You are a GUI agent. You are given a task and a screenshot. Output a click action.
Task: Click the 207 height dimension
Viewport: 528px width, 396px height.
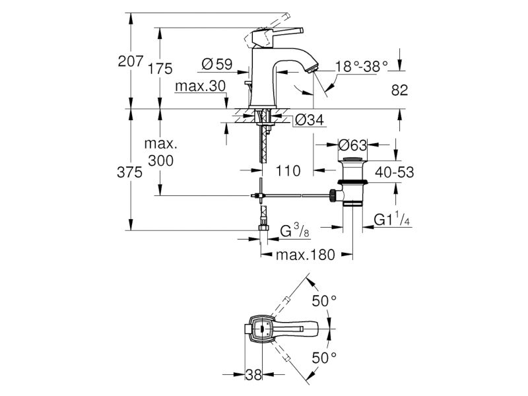(x=130, y=61)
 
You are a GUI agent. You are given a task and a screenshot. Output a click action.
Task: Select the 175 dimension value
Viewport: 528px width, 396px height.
(x=160, y=69)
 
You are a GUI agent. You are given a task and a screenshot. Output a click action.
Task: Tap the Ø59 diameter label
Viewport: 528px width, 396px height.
(x=217, y=64)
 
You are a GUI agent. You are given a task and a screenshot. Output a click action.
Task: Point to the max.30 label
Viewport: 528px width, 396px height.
(x=200, y=86)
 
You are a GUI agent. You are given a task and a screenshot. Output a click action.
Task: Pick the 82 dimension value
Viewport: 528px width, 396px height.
(x=400, y=90)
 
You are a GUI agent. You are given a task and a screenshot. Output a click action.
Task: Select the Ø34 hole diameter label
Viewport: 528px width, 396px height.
(x=309, y=120)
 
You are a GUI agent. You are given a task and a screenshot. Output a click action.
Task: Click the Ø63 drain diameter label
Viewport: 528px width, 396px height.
(x=352, y=145)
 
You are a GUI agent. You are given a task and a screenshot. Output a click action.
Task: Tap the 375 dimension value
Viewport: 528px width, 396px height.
(x=129, y=172)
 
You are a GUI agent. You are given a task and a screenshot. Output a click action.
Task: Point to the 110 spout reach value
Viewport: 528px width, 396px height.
(x=288, y=171)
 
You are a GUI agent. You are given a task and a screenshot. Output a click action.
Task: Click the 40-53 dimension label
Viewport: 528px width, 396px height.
(x=394, y=172)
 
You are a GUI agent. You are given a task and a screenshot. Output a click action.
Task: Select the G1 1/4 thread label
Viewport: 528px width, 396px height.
(x=392, y=219)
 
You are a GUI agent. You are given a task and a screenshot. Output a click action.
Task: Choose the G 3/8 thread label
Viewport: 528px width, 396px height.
(x=295, y=230)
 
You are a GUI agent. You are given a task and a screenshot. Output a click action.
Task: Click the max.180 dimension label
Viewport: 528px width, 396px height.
(x=306, y=255)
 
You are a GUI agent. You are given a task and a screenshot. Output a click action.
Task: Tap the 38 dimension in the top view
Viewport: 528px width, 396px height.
(x=253, y=374)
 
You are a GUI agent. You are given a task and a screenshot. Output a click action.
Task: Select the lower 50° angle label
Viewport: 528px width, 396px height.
(x=324, y=358)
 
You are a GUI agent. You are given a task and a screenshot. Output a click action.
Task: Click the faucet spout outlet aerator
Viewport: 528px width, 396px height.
(x=312, y=68)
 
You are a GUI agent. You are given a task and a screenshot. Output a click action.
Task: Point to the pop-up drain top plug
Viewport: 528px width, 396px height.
(x=352, y=159)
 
